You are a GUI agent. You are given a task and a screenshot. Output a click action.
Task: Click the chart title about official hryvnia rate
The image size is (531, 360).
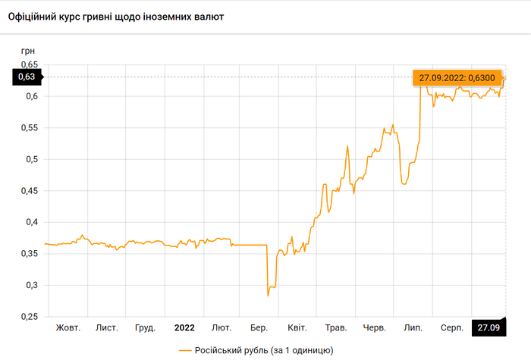tap(115, 16)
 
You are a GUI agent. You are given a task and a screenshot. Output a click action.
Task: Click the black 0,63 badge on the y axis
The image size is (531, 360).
tap(27, 77)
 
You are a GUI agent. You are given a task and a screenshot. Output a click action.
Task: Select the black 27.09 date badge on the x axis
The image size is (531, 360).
tap(489, 327)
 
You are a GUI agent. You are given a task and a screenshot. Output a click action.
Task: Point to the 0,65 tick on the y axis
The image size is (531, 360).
tap(28, 65)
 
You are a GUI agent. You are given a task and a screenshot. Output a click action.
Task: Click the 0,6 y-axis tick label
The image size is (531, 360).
tap(31, 96)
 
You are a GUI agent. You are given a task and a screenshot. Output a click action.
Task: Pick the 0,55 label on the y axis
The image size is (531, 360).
tap(28, 128)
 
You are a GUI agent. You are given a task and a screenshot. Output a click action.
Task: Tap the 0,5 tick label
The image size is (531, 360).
tap(31, 159)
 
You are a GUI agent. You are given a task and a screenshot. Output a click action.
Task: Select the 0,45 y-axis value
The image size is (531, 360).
tap(28, 191)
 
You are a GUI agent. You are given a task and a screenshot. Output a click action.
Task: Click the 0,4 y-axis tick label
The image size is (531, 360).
tap(31, 222)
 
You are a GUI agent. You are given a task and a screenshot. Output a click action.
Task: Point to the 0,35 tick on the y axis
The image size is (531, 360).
tap(28, 254)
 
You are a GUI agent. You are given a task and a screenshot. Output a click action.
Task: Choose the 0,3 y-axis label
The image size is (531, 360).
tap(31, 285)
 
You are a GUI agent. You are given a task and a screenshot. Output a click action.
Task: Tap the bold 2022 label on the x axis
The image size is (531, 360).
tap(184, 327)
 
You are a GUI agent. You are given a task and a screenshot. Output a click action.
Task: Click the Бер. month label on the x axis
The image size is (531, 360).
tap(259, 327)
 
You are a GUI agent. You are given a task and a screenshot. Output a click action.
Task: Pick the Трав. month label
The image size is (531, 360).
tap(335, 327)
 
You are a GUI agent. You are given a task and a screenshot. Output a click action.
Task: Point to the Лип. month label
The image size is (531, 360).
tap(413, 327)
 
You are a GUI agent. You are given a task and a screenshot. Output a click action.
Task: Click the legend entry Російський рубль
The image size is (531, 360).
tap(256, 350)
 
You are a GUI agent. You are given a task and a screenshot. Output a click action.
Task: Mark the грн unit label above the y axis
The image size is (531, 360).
tap(28, 50)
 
